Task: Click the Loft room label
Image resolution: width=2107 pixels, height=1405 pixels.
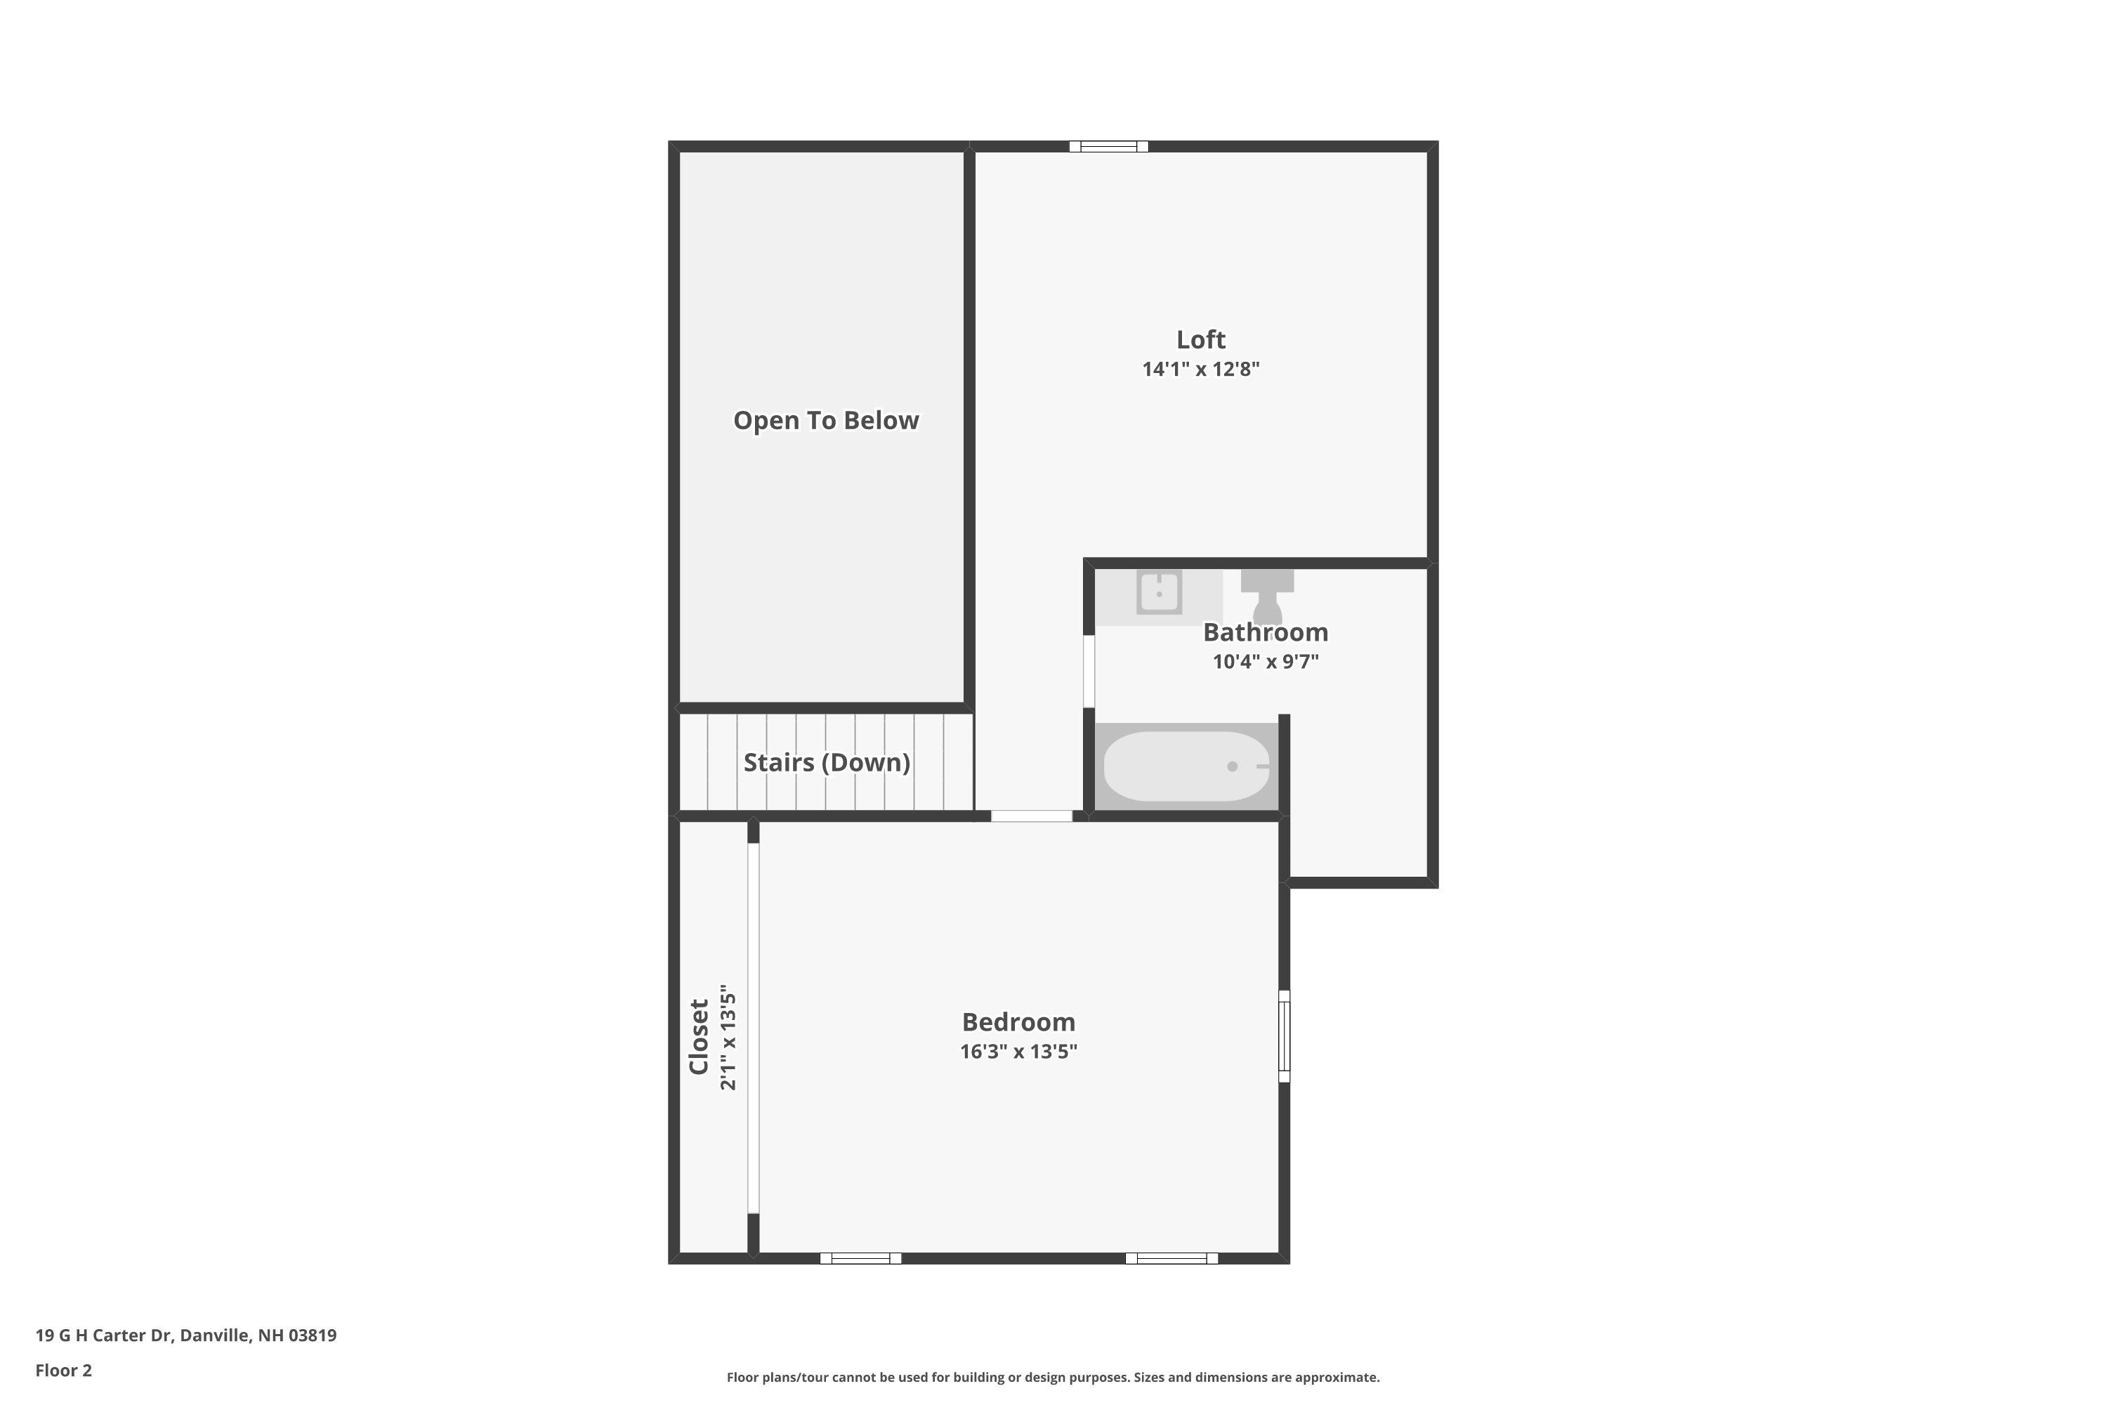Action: click(1200, 339)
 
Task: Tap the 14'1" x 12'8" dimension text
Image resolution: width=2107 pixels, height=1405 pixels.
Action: click(1200, 370)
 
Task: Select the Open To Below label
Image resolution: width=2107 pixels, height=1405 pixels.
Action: click(826, 420)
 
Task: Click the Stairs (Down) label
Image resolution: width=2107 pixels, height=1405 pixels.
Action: click(826, 762)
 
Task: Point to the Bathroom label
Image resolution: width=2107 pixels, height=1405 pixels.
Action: click(1265, 633)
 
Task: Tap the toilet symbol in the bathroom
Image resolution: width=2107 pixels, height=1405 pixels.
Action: click(1267, 595)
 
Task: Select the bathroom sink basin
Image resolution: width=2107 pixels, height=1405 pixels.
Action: click(1160, 592)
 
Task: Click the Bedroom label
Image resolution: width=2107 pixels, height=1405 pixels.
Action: click(1018, 1022)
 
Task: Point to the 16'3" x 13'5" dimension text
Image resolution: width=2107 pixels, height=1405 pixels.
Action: click(1018, 1052)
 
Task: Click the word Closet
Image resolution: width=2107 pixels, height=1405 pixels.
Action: click(699, 1037)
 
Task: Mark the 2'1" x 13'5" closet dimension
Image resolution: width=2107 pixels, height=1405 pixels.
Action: click(728, 1040)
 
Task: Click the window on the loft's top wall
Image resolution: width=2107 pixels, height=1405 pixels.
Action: click(1108, 146)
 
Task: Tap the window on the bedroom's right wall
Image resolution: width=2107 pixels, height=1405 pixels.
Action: click(1284, 1035)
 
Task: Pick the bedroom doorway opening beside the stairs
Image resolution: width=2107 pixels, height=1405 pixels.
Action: click(1031, 816)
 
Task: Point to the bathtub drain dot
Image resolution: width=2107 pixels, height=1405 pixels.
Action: click(1233, 766)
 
